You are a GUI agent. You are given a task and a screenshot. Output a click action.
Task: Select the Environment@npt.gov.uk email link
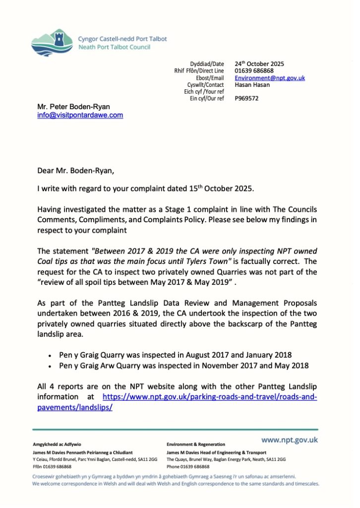tap(270, 78)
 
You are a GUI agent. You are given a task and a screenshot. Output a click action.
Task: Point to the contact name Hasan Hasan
tap(252, 85)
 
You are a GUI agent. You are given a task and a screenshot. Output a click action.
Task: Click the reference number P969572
tap(247, 98)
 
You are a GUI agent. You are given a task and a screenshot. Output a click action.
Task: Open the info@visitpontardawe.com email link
tap(80, 115)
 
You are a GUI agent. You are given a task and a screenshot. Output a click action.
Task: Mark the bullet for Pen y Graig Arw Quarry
tap(50, 366)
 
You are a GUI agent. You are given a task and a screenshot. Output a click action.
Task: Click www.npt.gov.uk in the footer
tap(290, 440)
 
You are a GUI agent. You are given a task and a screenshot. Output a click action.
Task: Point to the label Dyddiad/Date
tap(207, 64)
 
